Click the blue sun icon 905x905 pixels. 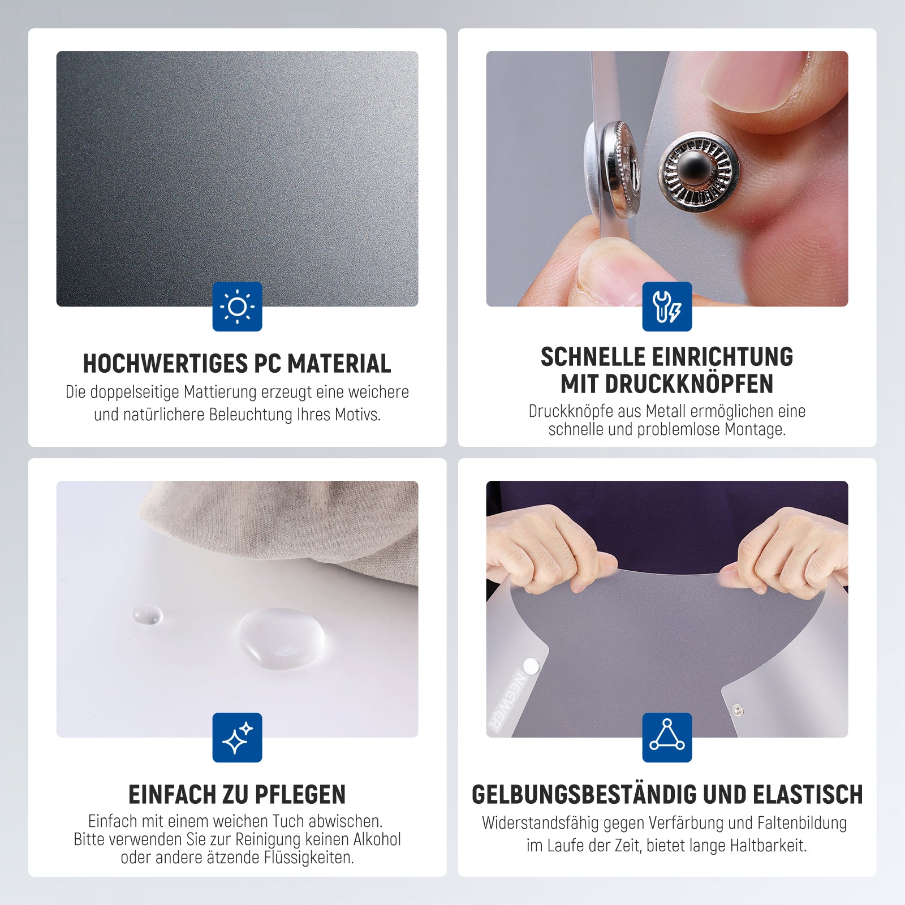pyautogui.click(x=237, y=306)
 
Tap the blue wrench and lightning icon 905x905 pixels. pyautogui.click(x=667, y=306)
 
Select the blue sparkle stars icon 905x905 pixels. pyautogui.click(x=237, y=737)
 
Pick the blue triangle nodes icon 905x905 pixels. pyautogui.click(x=667, y=737)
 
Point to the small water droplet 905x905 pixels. pyautogui.click(x=147, y=614)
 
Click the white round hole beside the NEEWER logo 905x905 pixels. pyautogui.click(x=531, y=666)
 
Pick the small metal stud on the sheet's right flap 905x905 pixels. pyautogui.click(x=737, y=710)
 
